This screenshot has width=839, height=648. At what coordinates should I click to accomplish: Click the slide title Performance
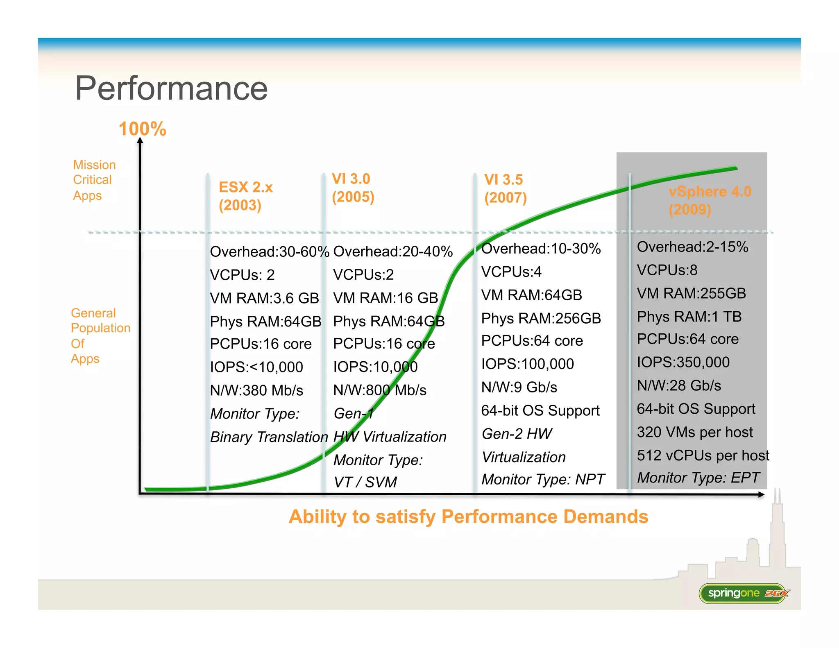(x=171, y=88)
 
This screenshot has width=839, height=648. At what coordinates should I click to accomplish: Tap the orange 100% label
(x=142, y=129)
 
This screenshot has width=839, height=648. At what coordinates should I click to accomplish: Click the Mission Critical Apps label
(x=94, y=180)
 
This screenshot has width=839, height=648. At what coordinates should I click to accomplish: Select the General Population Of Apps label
(x=100, y=335)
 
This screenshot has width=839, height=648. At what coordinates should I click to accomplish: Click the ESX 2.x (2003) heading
(x=245, y=196)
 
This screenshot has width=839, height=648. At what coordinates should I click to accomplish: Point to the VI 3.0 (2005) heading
(x=352, y=188)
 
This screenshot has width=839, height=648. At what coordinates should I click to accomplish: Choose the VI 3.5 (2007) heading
(x=505, y=188)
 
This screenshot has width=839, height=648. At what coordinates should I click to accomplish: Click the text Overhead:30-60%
(x=269, y=251)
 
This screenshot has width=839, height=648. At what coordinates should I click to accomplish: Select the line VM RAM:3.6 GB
(x=264, y=298)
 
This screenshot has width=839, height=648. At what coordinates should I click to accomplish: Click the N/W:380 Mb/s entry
(x=256, y=390)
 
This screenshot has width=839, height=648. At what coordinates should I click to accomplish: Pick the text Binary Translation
(x=269, y=437)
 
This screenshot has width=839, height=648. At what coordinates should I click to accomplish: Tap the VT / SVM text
(x=365, y=482)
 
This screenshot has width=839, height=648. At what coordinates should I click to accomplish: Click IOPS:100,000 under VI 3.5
(x=527, y=364)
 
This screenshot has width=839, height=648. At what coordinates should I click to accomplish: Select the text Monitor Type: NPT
(x=543, y=479)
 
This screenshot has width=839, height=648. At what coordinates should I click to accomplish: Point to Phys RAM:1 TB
(x=689, y=317)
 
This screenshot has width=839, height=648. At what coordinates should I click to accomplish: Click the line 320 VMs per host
(x=694, y=432)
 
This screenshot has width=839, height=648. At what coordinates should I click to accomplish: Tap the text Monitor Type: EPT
(x=698, y=478)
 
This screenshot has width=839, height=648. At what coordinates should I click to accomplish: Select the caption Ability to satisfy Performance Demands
(x=468, y=517)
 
